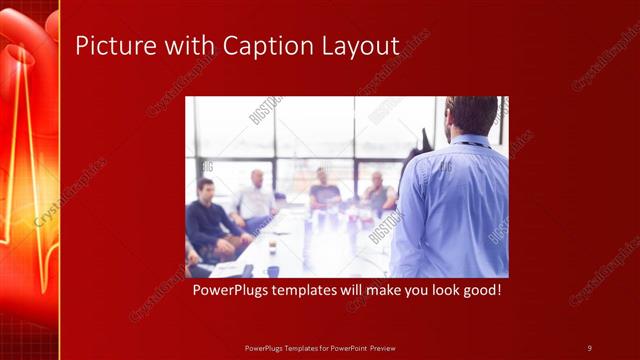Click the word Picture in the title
(x=109, y=46)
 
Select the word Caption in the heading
(x=265, y=46)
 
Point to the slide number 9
(x=589, y=347)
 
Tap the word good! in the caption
(x=478, y=291)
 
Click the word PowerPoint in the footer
(x=346, y=347)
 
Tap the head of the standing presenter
(x=471, y=115)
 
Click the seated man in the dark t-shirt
(x=323, y=196)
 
